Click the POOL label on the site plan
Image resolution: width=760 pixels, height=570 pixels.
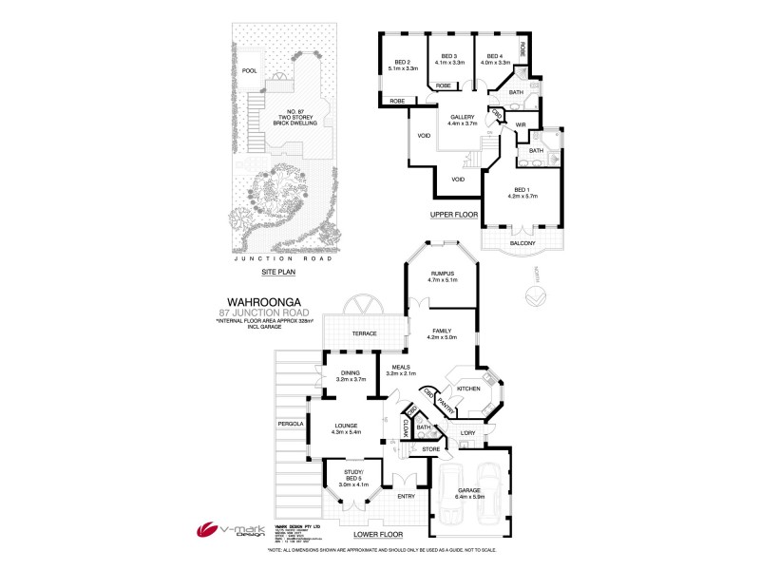coord(250,70)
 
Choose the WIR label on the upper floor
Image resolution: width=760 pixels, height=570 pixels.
coord(521,123)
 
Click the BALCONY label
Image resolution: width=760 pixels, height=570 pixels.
coord(522,243)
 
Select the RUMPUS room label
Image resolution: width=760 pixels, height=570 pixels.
coord(444,276)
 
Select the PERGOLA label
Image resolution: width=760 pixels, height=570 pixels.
coord(290,424)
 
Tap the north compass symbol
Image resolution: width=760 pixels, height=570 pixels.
coord(535,298)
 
